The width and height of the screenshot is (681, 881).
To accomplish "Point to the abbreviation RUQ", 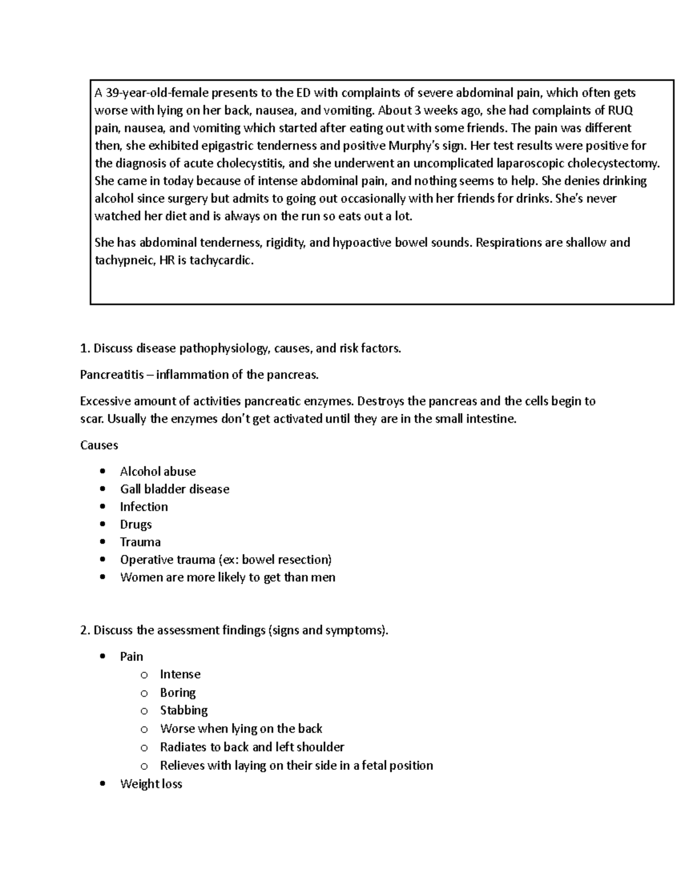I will (620, 110).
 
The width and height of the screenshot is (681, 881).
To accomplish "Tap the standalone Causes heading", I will (99, 445).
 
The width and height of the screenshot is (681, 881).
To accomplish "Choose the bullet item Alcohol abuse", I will (158, 471).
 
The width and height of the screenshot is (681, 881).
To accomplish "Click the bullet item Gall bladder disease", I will (174, 489).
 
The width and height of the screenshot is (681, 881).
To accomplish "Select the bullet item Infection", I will (144, 507).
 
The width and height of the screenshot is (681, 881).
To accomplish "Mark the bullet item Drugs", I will (136, 524).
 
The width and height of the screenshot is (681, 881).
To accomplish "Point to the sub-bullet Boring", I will (178, 693).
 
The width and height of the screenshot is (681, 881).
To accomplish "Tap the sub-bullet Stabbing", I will (183, 710).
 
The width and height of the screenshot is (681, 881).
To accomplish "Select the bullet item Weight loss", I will (151, 784).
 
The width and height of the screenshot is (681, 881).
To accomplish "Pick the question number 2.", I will (84, 630).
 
